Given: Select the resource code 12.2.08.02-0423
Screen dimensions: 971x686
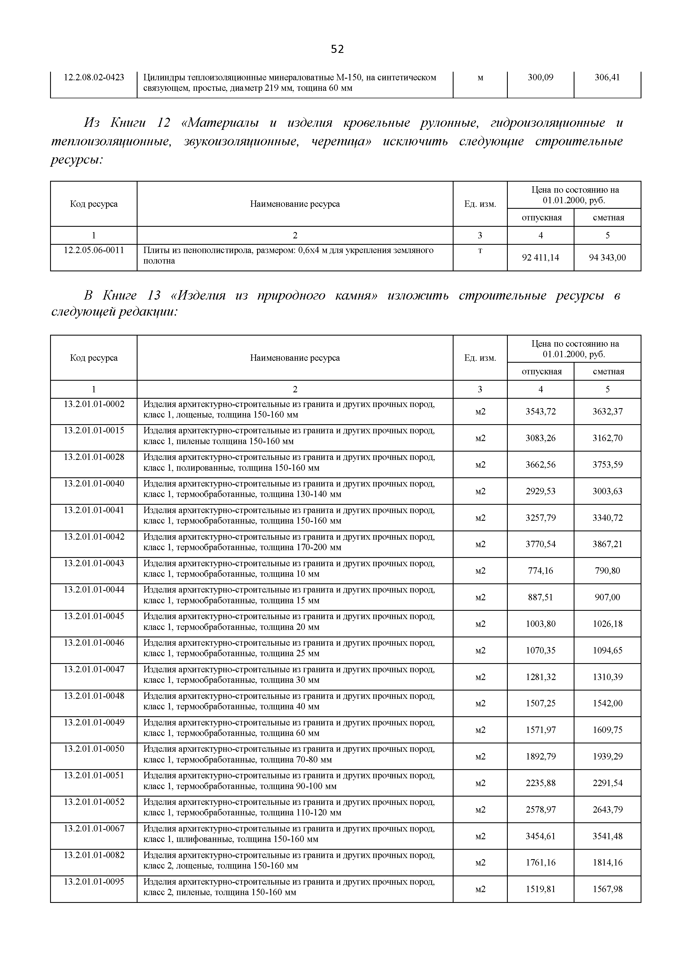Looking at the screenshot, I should [94, 78].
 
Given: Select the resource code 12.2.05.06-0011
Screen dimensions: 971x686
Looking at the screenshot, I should [94, 250].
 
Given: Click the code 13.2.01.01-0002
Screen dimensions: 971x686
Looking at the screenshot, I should [94, 404].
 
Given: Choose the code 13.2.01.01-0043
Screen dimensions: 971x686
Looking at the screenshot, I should [94, 563].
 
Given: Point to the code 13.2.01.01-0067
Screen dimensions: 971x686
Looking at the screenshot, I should [94, 828].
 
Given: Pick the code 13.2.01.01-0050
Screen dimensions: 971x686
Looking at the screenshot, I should [94, 749].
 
